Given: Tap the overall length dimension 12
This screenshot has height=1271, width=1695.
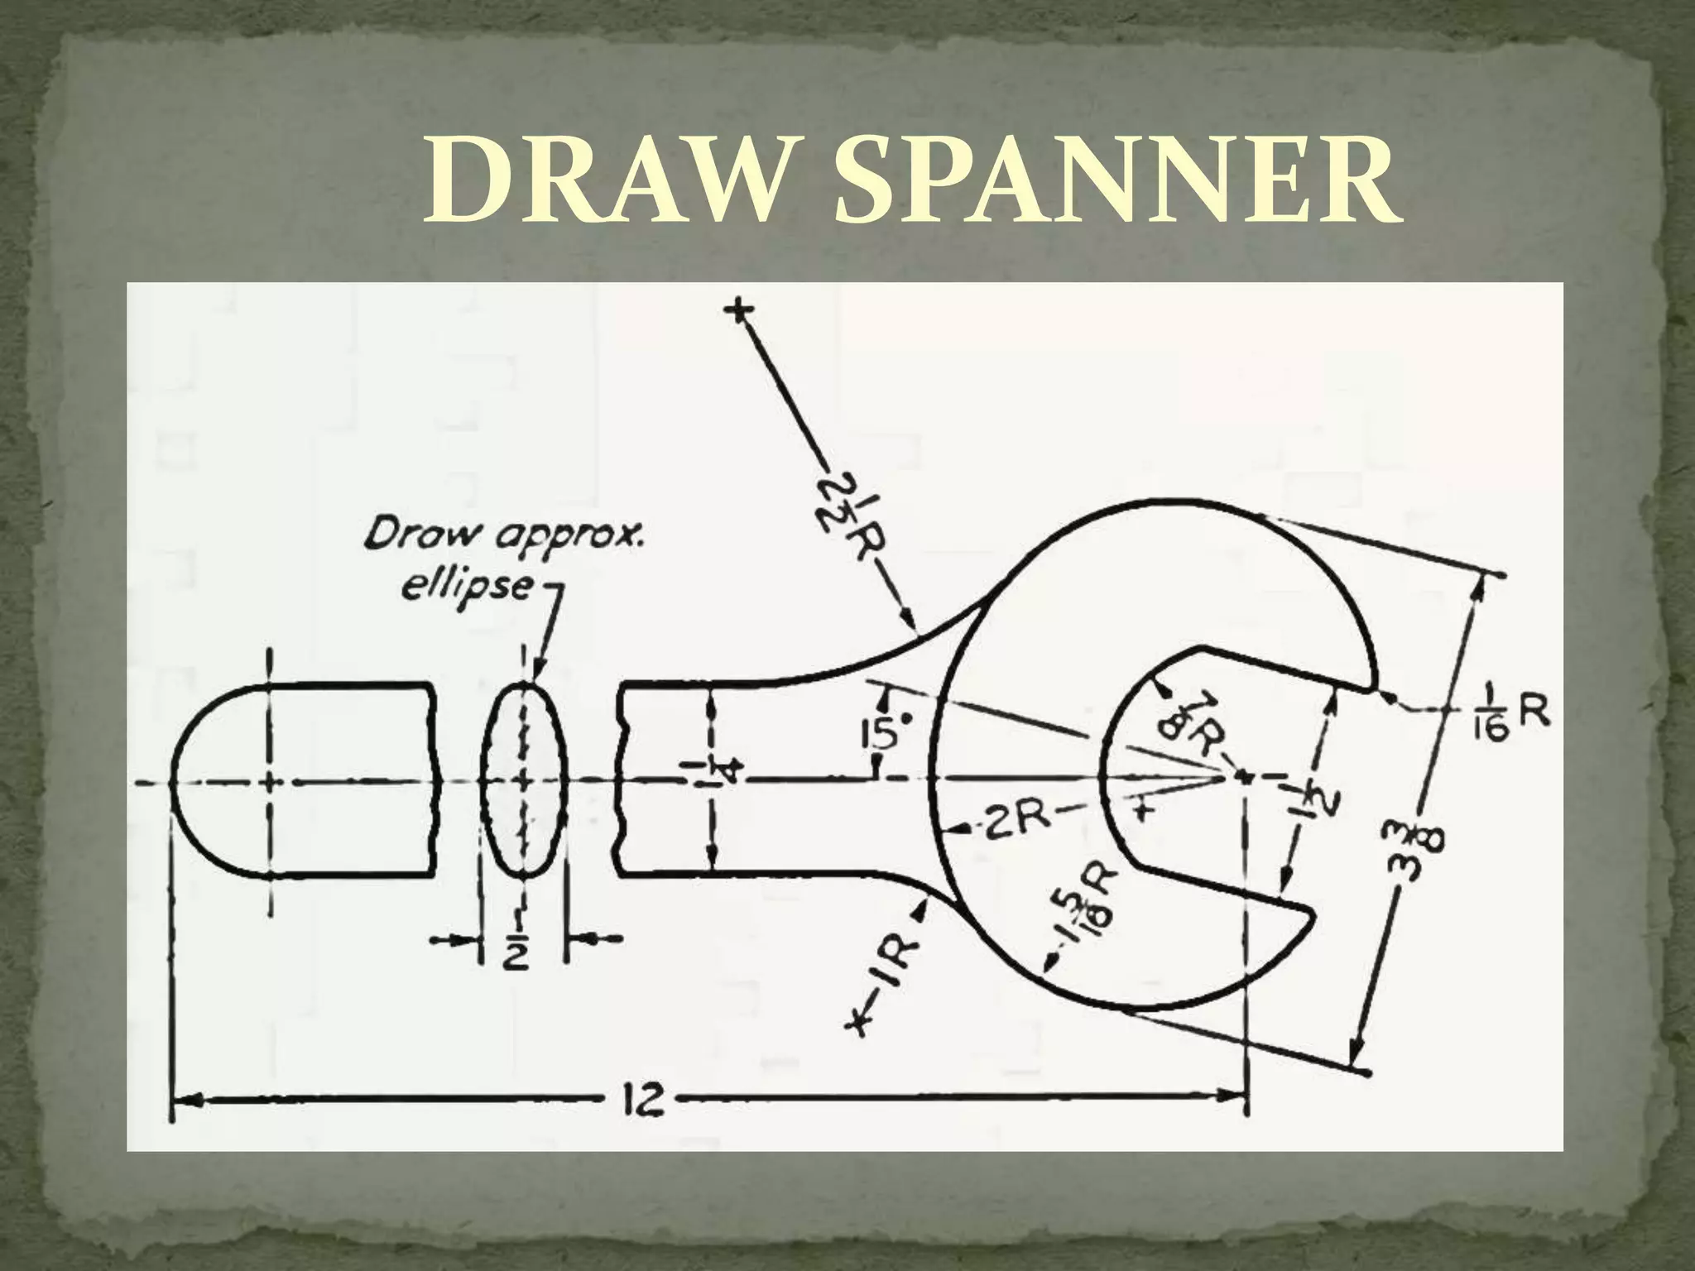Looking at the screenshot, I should point(641,1100).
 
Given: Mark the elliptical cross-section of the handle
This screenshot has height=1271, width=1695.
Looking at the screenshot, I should point(524,778).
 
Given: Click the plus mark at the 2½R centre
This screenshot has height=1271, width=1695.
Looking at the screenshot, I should point(739,309).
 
